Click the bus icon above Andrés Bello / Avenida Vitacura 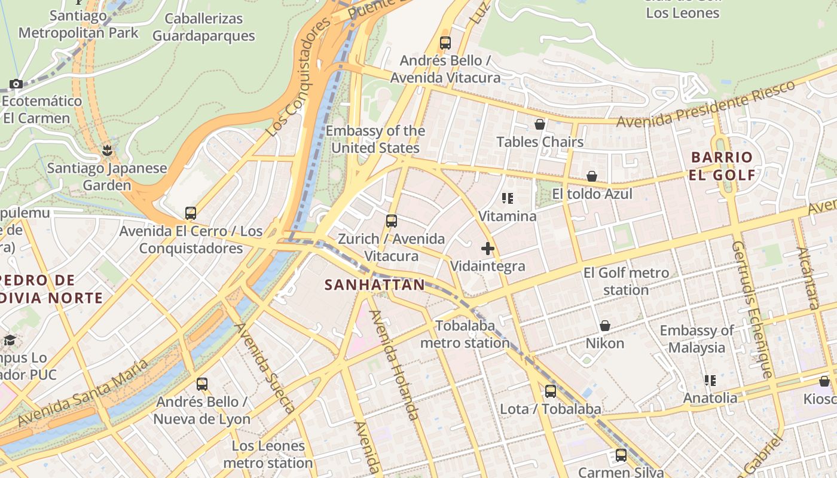[x=445, y=43]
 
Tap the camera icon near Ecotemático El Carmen [x=16, y=84]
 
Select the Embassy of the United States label [x=375, y=139]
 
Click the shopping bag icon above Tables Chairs [x=539, y=124]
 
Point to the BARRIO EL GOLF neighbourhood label [x=722, y=166]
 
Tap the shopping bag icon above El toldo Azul [x=591, y=176]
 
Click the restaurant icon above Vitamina [x=508, y=198]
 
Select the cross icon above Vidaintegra [x=488, y=249]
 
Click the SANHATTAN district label [x=374, y=285]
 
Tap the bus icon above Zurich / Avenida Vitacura [x=392, y=221]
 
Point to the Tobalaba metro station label [x=465, y=334]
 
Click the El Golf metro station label [x=626, y=281]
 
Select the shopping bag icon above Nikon [x=604, y=326]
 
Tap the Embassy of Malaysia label [x=697, y=339]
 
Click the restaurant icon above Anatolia [x=710, y=381]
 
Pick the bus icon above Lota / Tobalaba [x=550, y=391]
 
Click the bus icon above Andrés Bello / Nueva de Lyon [x=202, y=384]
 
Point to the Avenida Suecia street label [x=264, y=369]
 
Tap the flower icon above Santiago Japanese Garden [x=107, y=150]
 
